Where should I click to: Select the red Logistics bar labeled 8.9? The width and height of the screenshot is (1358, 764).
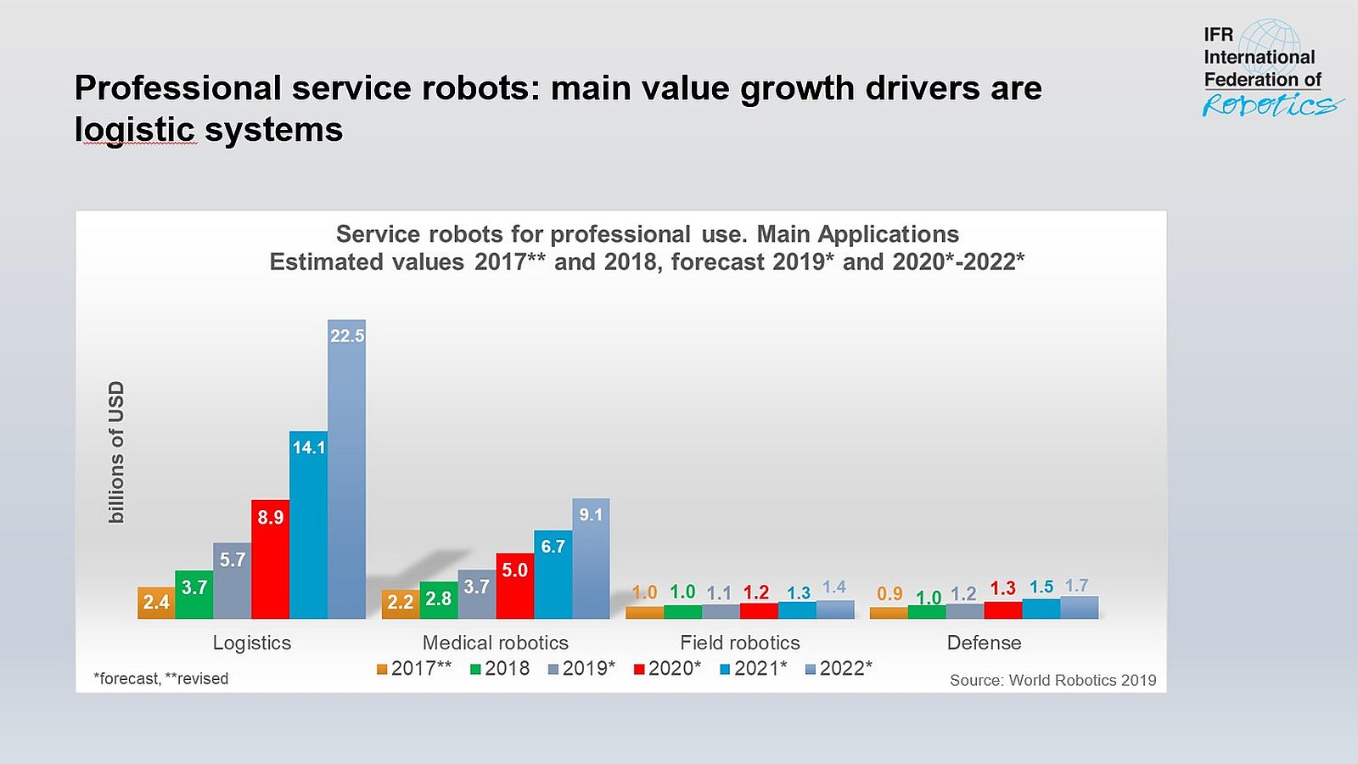coord(270,565)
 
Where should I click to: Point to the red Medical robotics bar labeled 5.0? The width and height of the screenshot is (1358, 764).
coord(514,590)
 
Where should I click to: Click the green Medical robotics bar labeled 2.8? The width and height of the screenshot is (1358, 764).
coord(438,600)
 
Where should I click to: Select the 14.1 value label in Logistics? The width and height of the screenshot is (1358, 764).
coord(309,447)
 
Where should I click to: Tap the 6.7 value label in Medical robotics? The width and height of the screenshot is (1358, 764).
coord(553,547)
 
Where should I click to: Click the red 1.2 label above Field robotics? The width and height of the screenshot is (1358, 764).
coord(756,593)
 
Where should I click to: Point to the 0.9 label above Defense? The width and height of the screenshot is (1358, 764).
coord(889,594)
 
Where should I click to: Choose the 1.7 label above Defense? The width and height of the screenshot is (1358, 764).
coord(1077,586)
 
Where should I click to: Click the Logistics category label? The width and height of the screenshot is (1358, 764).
coord(251,643)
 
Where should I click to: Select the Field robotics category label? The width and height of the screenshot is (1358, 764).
coord(739,643)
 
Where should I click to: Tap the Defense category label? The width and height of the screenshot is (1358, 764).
coord(984,643)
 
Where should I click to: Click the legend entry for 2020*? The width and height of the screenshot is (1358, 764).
coord(668,669)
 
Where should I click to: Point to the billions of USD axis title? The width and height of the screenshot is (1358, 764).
coord(116,452)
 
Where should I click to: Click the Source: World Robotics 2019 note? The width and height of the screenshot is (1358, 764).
coord(1052,680)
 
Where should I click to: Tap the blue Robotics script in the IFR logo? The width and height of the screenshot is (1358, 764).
coord(1269,105)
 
